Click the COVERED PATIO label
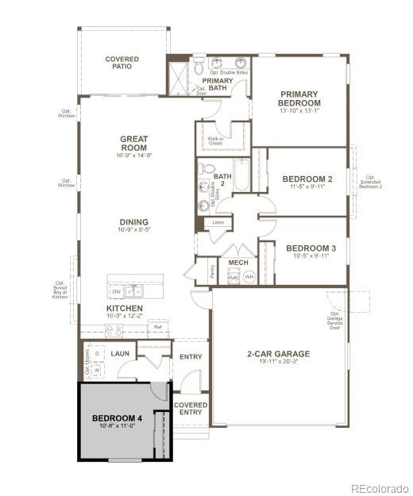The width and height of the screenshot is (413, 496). [x=122, y=63]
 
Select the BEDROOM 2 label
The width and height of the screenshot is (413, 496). [x=307, y=179]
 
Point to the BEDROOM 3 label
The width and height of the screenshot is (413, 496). [x=311, y=248]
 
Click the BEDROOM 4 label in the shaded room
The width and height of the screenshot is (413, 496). [x=116, y=418]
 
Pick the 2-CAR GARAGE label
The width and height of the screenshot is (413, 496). [x=277, y=354]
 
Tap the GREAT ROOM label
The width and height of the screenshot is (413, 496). [x=133, y=144]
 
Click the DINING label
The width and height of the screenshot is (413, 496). [x=133, y=223]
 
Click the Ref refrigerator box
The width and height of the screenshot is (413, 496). [x=157, y=326]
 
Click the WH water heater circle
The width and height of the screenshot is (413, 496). [x=249, y=277]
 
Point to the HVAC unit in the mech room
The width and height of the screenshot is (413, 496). [x=234, y=277]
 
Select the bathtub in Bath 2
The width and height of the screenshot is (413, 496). [x=241, y=176]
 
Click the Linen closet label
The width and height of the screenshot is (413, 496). [x=217, y=224]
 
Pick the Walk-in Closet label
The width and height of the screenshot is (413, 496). [x=214, y=141]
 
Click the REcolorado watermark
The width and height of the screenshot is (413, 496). [x=380, y=488]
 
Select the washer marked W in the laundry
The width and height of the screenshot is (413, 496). [x=97, y=370]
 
